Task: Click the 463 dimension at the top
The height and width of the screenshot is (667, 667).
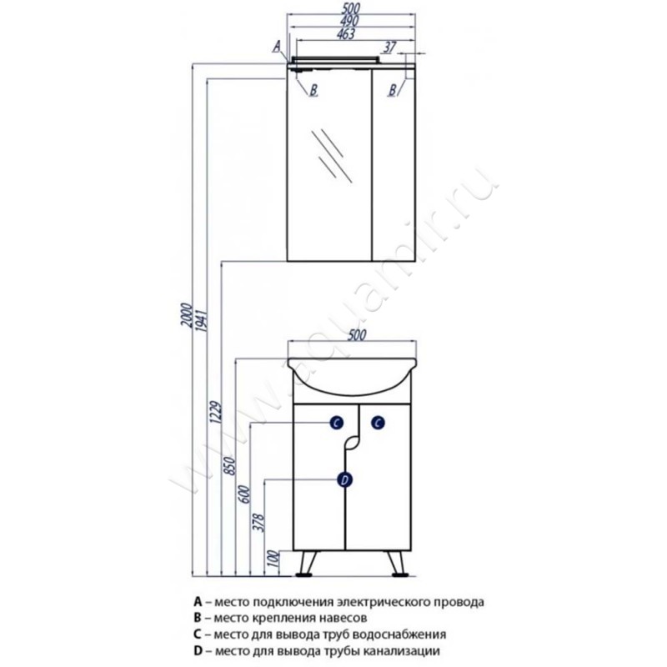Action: click(x=346, y=34)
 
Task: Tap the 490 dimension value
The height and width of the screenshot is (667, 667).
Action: click(x=349, y=21)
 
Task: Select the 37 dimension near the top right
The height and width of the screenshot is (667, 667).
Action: click(x=389, y=48)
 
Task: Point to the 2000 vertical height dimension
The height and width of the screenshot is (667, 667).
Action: click(x=187, y=315)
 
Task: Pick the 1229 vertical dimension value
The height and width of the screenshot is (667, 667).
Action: click(x=216, y=412)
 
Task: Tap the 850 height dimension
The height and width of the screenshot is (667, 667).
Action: click(x=229, y=466)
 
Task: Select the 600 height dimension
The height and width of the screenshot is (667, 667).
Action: click(x=245, y=494)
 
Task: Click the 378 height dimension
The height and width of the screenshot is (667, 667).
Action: click(x=258, y=524)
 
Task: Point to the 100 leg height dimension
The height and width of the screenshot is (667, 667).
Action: click(x=274, y=559)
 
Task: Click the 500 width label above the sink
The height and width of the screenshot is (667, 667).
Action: click(x=357, y=335)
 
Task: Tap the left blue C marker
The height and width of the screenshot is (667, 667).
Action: click(x=336, y=423)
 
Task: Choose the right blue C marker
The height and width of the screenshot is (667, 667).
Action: click(x=378, y=423)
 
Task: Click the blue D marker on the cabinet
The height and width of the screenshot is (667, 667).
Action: click(x=344, y=480)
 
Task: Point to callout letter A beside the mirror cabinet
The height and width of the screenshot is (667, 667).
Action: click(x=277, y=46)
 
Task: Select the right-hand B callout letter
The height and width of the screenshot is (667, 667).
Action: click(x=393, y=89)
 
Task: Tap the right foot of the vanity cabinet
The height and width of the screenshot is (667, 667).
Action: click(x=400, y=574)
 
